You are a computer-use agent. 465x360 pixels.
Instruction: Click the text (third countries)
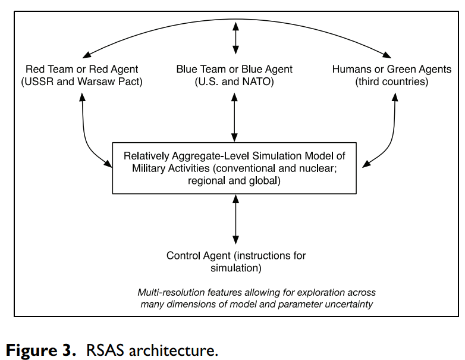(392, 82)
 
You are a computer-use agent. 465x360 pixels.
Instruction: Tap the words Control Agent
(199, 255)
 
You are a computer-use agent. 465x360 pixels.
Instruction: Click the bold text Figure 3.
(41, 350)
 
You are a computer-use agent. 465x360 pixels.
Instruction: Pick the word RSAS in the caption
(105, 350)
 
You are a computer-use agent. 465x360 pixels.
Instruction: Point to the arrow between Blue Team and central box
(234, 117)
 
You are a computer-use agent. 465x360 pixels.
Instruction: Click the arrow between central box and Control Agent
(235, 220)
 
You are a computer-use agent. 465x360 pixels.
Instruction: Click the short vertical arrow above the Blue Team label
(235, 38)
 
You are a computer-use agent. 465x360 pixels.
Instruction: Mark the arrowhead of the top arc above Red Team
(87, 55)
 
